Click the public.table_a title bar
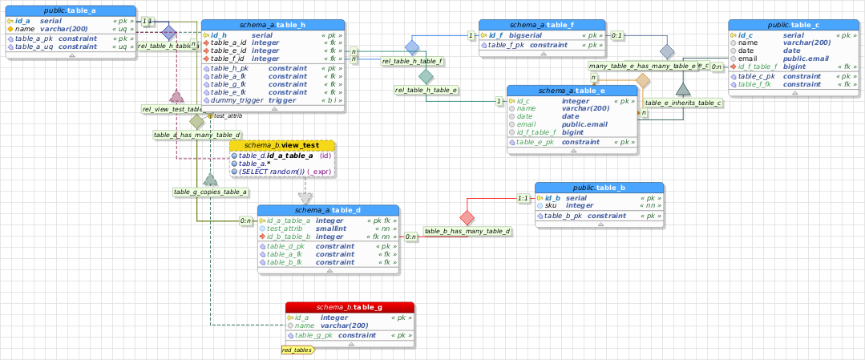(x=71, y=10)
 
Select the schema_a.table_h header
(x=273, y=26)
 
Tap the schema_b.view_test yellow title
(x=282, y=145)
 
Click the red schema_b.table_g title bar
(x=350, y=307)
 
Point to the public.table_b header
(x=600, y=187)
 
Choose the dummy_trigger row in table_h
(x=273, y=100)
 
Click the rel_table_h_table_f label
(x=412, y=61)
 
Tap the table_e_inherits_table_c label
(x=683, y=103)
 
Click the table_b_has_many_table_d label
(x=467, y=231)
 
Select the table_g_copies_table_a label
(x=210, y=192)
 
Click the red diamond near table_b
(x=467, y=216)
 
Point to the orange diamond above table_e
(x=642, y=81)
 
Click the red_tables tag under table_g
(x=297, y=350)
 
